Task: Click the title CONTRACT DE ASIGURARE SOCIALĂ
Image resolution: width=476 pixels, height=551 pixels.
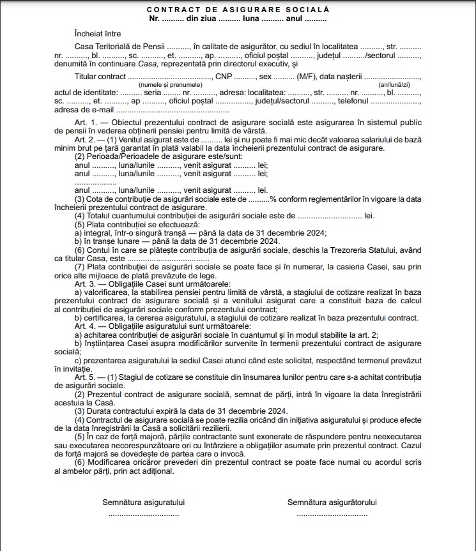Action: (238, 10)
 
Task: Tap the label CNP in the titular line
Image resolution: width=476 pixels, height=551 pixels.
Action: (223, 76)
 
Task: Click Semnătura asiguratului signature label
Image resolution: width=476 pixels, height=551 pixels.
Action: (144, 502)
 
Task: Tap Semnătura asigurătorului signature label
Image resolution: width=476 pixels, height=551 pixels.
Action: (332, 502)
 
